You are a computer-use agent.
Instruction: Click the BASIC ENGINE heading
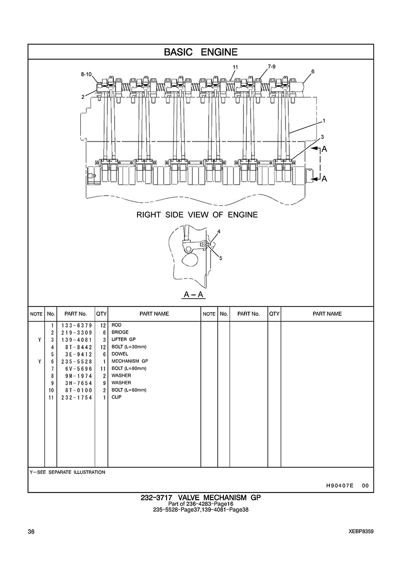pyautogui.click(x=200, y=52)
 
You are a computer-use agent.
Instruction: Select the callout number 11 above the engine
pyautogui.click(x=235, y=67)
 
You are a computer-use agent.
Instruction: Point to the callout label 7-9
pyautogui.click(x=272, y=66)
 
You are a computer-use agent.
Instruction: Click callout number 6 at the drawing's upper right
pyautogui.click(x=313, y=72)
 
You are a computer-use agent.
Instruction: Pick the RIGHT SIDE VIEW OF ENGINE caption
pyautogui.click(x=197, y=215)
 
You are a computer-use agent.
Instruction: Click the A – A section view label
pyautogui.click(x=194, y=294)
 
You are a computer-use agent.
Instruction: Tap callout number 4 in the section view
pyautogui.click(x=218, y=231)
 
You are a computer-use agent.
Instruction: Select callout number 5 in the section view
pyautogui.click(x=221, y=258)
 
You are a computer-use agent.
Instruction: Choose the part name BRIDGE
pyautogui.click(x=120, y=332)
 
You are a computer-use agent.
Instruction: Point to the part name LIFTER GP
pyautogui.click(x=123, y=339)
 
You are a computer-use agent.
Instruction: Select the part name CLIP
pyautogui.click(x=116, y=397)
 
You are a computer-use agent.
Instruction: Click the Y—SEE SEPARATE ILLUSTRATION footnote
pyautogui.click(x=67, y=472)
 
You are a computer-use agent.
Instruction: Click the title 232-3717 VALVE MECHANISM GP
pyautogui.click(x=200, y=497)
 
